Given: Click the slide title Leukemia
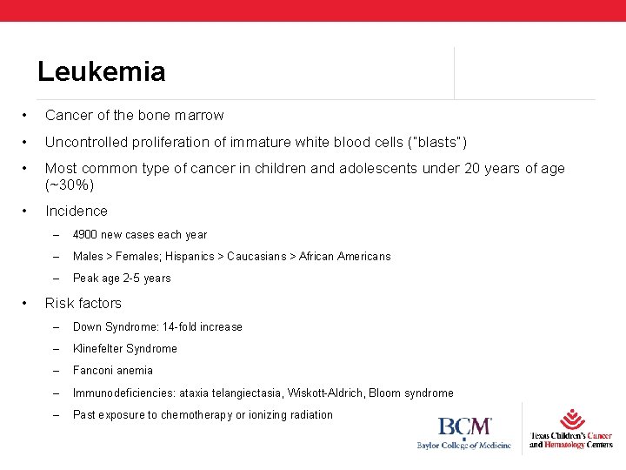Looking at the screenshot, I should click(x=101, y=71).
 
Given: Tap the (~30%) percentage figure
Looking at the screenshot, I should click(x=70, y=185).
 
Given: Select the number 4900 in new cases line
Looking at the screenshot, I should click(x=86, y=234).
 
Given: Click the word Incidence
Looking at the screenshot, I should click(x=77, y=211).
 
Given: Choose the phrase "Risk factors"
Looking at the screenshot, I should click(x=83, y=303).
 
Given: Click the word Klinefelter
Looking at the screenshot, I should click(x=97, y=349).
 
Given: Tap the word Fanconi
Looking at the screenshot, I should click(x=94, y=371).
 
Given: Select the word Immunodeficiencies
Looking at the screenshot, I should click(x=122, y=393).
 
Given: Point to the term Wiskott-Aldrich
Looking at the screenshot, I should click(x=325, y=393).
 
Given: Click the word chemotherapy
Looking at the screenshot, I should click(x=196, y=415).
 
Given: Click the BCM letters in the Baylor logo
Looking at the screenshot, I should click(x=464, y=427).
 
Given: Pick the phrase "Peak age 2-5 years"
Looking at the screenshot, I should click(x=122, y=279).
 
